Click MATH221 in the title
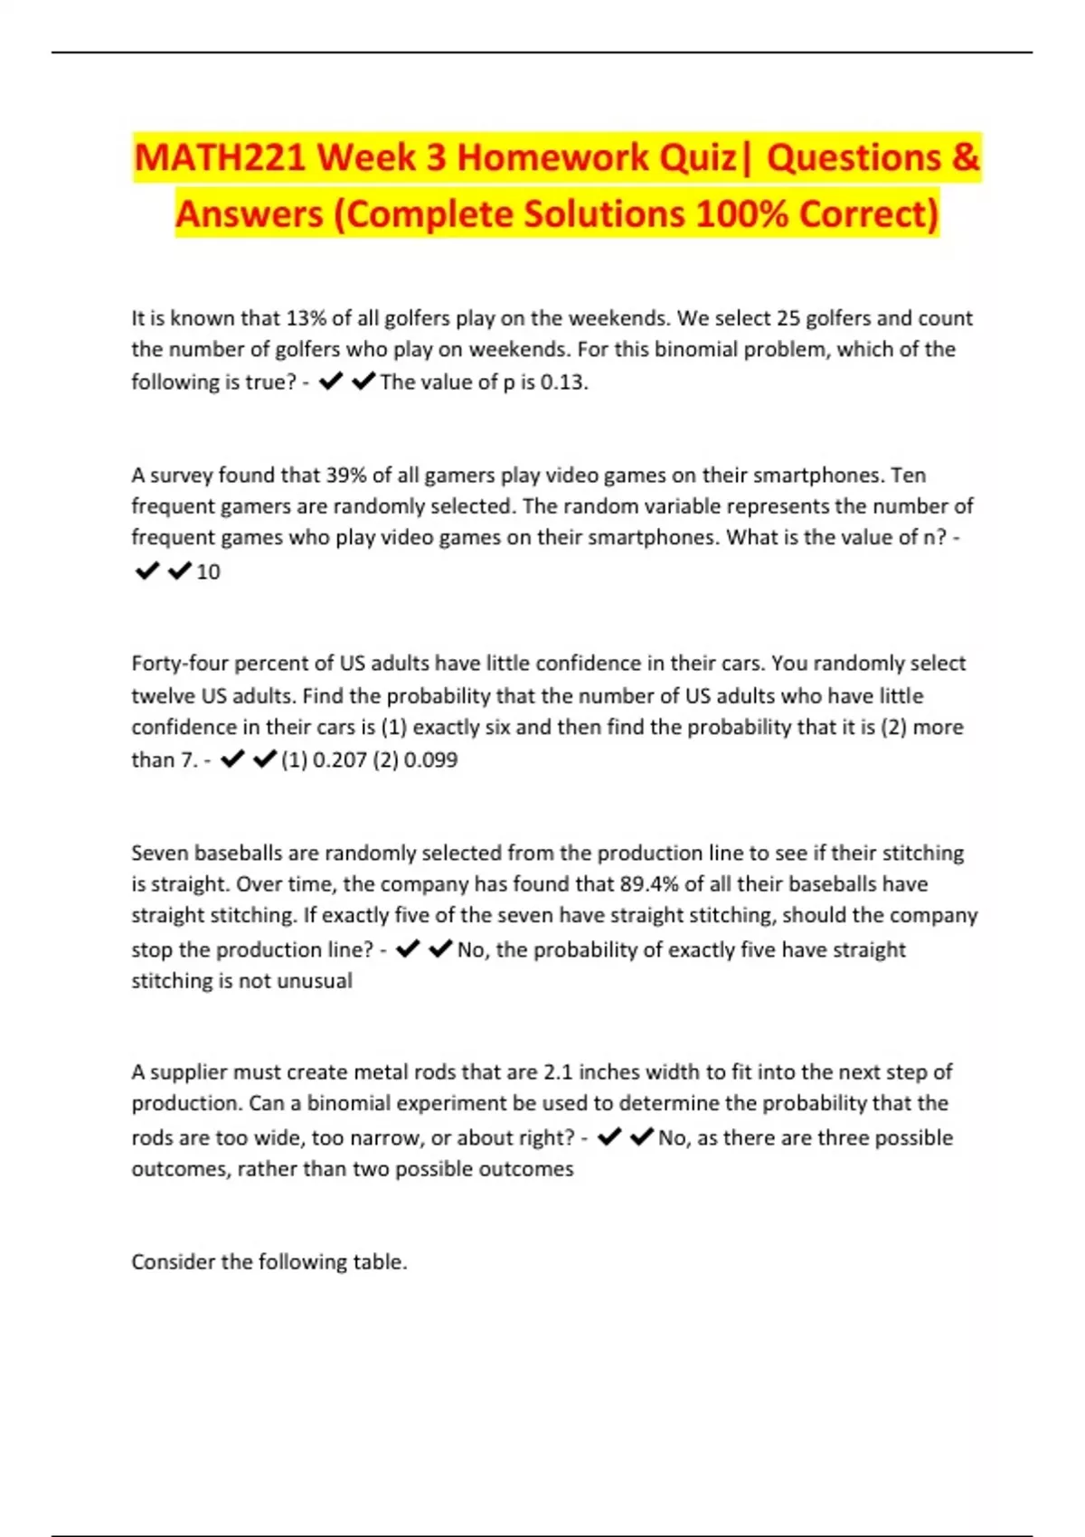pos(221,158)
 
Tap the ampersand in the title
pos(965,158)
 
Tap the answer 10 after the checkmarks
pos(208,572)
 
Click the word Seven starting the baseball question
pos(159,853)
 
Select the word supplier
pos(188,1072)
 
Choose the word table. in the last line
pos(380,1262)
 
